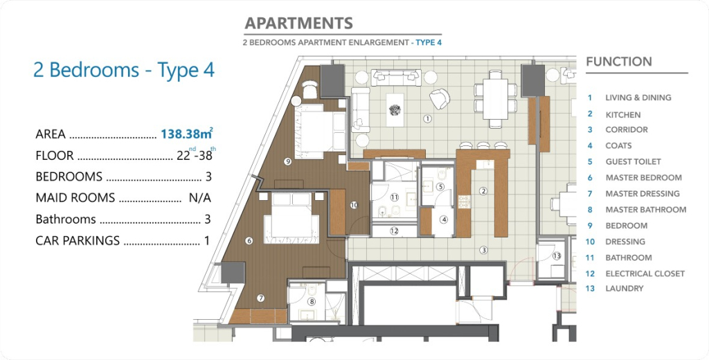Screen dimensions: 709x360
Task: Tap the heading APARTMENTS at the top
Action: click(298, 23)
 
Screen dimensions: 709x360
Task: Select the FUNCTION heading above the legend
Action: click(619, 62)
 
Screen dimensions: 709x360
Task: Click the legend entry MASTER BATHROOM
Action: click(646, 209)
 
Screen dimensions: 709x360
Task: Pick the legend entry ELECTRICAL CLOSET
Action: click(645, 273)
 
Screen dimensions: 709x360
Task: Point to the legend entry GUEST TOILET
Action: click(633, 161)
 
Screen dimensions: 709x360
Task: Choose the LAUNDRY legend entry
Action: click(625, 289)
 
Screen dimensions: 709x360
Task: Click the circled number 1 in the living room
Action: click(427, 119)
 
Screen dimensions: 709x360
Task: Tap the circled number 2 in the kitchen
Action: click(483, 191)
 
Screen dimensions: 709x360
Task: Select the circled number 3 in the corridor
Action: click(484, 250)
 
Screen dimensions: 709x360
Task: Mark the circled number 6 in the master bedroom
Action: click(249, 241)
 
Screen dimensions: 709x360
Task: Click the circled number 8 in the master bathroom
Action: click(312, 302)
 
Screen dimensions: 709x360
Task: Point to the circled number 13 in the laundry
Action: click(557, 256)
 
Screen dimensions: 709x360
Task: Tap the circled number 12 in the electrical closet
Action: click(394, 231)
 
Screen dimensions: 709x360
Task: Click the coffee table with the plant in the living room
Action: click(395, 110)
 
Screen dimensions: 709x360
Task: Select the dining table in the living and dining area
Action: click(496, 99)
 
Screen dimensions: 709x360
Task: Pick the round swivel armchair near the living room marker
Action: click(440, 98)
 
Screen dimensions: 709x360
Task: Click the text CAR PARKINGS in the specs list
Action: click(78, 241)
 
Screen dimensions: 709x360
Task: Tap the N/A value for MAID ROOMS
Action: click(200, 197)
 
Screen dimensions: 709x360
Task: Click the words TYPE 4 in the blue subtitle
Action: click(429, 42)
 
